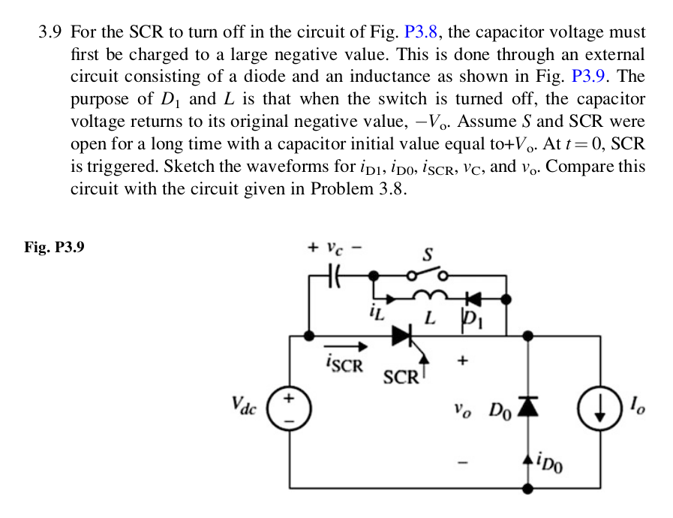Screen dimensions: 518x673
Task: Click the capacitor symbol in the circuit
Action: [336, 277]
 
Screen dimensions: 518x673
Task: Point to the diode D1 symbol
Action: [473, 299]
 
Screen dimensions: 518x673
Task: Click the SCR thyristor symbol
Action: [404, 336]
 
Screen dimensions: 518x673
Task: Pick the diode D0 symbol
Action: [530, 406]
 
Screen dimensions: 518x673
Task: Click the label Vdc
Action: [245, 406]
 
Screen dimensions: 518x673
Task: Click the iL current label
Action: [376, 310]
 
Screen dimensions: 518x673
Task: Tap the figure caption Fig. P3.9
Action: [54, 246]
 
